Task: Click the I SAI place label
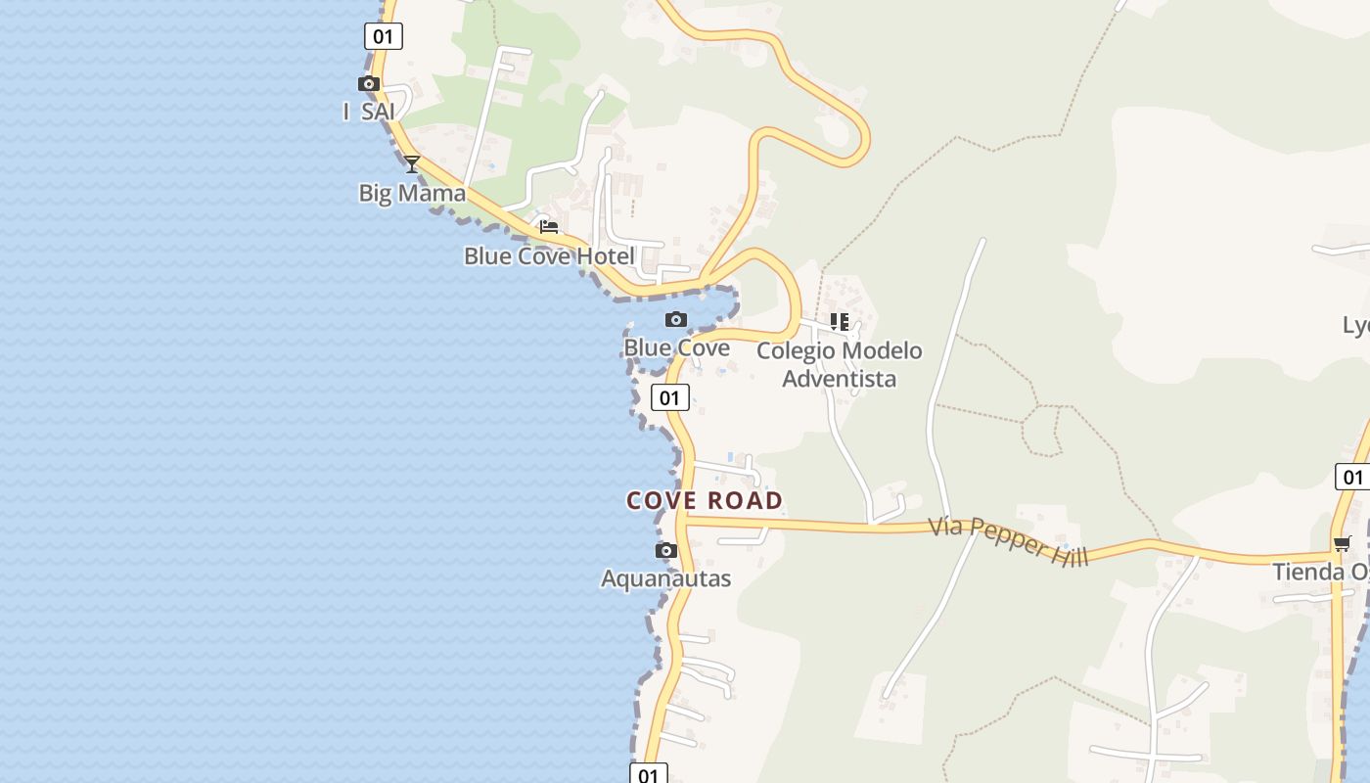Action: [369, 112]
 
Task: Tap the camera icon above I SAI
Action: [369, 84]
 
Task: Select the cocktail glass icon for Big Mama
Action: [412, 164]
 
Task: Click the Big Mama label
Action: [412, 193]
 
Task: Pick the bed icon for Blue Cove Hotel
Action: [549, 227]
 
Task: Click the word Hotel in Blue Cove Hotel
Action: [607, 256]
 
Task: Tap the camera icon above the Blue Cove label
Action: [676, 320]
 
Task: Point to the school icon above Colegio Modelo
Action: [840, 322]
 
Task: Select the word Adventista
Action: [840, 379]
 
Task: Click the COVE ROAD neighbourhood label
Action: [705, 501]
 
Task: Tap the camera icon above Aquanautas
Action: [666, 551]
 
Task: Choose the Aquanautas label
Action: [666, 578]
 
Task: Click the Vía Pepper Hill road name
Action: [1008, 540]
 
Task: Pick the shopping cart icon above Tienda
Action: [1342, 544]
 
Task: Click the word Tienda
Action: [1308, 572]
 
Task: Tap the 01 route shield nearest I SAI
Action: [384, 37]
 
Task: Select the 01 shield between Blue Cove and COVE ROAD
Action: [670, 397]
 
